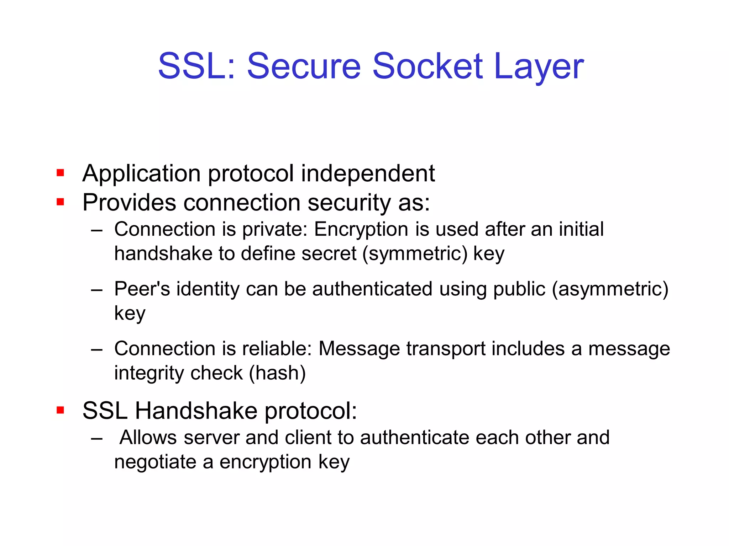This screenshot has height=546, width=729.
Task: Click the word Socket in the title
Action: tap(428, 66)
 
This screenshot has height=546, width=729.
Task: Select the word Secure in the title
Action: tap(304, 66)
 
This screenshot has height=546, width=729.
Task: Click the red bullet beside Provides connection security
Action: tap(60, 202)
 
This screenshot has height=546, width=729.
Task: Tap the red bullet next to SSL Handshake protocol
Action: tap(60, 410)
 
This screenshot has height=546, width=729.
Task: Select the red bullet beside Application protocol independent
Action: tap(60, 173)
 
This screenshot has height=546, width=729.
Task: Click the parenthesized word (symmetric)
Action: tap(415, 254)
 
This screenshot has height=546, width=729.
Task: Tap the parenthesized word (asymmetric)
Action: tap(610, 289)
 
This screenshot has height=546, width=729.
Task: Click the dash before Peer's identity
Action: tap(96, 290)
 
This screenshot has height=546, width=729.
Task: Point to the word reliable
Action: tap(277, 348)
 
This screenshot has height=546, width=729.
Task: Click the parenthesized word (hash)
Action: tap(277, 373)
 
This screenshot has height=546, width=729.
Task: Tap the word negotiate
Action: tap(155, 462)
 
